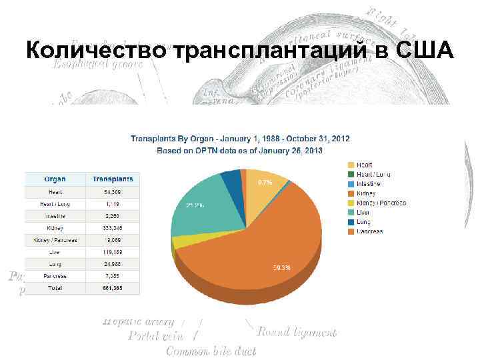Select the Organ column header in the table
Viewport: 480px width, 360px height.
coord(55,179)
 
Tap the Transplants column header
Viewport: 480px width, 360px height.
coord(113,179)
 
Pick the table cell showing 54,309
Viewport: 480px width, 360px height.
coord(113,192)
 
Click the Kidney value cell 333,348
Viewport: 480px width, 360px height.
coord(113,228)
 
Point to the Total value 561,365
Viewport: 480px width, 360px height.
coord(113,289)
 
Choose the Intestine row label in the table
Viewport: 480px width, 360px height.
coord(55,216)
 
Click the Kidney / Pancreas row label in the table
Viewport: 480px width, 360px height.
coord(55,240)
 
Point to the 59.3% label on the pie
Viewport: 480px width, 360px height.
coord(281,268)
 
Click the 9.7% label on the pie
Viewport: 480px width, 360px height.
coord(265,182)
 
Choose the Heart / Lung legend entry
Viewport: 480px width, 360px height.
coord(373,174)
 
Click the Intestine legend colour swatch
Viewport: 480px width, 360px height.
coord(351,183)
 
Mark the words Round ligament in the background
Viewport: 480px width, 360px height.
coord(296,332)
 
